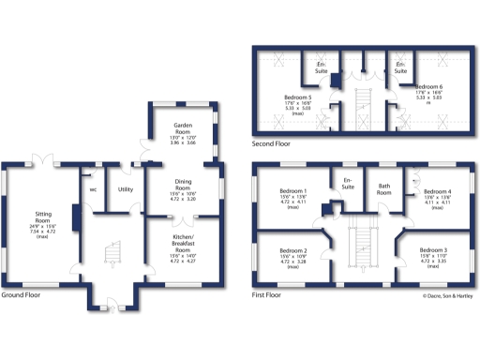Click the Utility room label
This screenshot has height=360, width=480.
(125, 188)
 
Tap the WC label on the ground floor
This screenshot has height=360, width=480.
(93, 188)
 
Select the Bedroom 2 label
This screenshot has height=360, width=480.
(295, 251)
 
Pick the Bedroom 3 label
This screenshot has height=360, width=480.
(433, 251)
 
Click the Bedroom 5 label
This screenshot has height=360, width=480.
(298, 97)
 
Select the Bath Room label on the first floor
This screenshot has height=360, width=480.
(383, 187)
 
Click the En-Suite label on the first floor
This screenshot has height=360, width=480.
(350, 181)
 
